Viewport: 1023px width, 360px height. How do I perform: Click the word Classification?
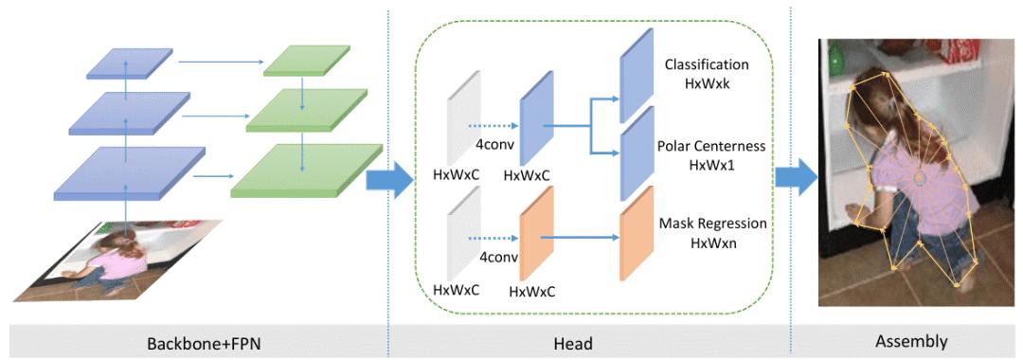pyautogui.click(x=707, y=65)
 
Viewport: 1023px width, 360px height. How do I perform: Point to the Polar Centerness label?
pyautogui.click(x=711, y=149)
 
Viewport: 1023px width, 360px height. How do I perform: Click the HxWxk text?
pyautogui.click(x=706, y=83)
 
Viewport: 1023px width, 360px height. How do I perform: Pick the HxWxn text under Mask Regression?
pyautogui.click(x=709, y=245)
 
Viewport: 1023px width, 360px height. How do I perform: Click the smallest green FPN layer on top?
pyautogui.click(x=299, y=61)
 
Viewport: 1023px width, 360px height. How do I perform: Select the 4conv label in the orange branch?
pyautogui.click(x=498, y=256)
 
